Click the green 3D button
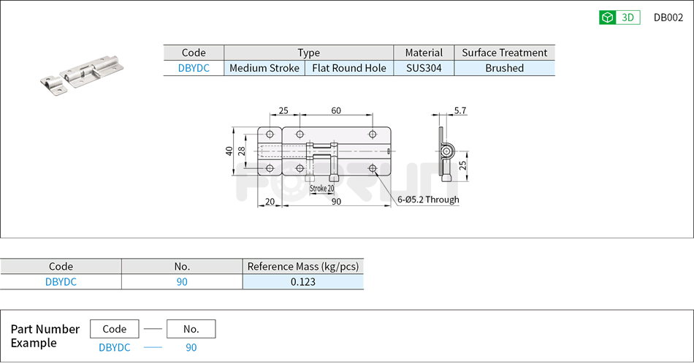619,18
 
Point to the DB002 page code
668,18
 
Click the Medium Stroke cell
264,68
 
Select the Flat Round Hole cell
349,68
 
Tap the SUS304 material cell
424,68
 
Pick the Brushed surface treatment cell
504,68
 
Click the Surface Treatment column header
504,53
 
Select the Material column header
424,53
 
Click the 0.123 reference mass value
302,281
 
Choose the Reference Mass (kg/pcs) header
302,266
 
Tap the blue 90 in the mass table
181,281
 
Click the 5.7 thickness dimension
460,110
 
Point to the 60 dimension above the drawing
336,110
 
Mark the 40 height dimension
229,151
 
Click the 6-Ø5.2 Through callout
428,200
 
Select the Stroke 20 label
321,189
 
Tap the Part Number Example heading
45,335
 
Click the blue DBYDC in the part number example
114,347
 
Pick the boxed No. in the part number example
191,329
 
